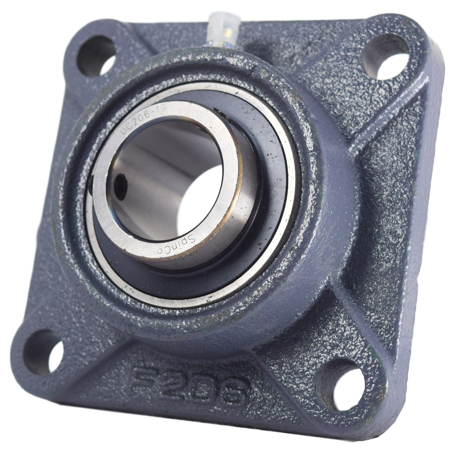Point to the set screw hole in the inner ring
click(x=118, y=186)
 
